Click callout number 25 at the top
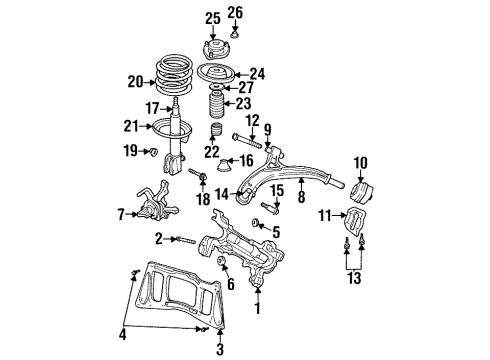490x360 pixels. tap(211, 17)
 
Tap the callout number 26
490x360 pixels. tap(235, 13)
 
